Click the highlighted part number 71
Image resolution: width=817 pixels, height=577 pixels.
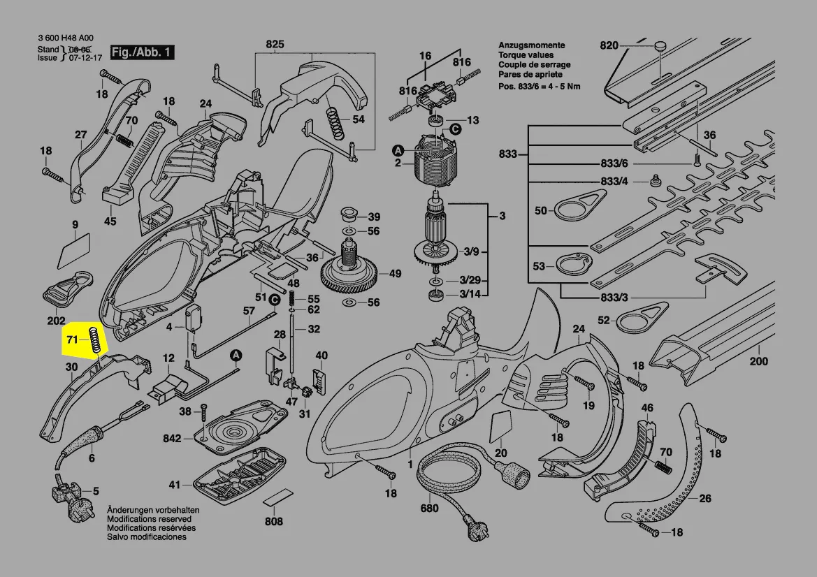pos(71,340)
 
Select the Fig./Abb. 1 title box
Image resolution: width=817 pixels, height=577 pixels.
pos(143,52)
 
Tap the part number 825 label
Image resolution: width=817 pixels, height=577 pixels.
pos(275,45)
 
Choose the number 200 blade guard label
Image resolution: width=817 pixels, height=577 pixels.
pos(758,361)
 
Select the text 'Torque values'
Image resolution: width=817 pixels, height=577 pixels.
pos(526,54)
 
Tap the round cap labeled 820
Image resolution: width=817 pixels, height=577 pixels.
pos(659,46)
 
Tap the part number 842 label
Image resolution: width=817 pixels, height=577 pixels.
pos(171,439)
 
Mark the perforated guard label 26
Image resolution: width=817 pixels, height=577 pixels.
pos(705,498)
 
